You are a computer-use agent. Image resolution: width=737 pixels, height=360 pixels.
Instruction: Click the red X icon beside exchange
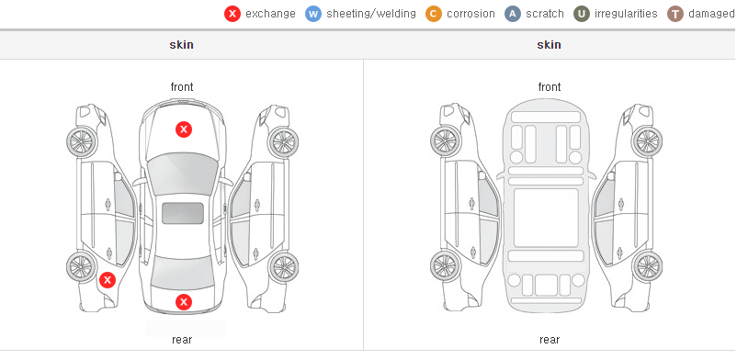coord(232,14)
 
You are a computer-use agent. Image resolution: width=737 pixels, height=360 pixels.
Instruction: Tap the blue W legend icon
coord(313,14)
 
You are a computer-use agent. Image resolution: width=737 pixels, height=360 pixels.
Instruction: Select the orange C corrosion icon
coord(434,14)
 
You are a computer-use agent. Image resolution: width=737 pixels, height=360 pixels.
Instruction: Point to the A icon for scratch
coord(513,14)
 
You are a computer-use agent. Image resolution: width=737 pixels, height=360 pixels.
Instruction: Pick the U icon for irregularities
coord(582,14)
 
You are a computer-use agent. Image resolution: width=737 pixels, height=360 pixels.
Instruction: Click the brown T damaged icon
coord(675,14)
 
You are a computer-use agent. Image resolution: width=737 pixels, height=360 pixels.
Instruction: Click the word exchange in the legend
coord(270,14)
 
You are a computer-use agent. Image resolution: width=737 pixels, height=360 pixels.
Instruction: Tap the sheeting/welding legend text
coord(371,14)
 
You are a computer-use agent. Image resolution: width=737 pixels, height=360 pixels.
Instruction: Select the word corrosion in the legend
coord(471,14)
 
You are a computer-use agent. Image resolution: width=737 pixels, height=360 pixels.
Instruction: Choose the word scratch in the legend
coord(545,14)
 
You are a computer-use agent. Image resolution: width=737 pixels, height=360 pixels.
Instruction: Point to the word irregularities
coord(626,14)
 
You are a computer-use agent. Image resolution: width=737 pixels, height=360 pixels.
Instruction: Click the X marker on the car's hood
coord(184,129)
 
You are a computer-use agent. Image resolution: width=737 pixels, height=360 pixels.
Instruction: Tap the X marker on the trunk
coord(184,302)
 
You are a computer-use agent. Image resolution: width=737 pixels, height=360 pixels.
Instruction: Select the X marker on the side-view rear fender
coord(108,281)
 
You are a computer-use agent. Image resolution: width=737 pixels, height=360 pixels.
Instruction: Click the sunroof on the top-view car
coord(183,213)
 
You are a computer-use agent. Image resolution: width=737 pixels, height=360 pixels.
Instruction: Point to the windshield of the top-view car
coord(183,173)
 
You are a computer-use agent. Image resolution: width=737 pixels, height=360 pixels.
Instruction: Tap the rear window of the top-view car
coord(183,273)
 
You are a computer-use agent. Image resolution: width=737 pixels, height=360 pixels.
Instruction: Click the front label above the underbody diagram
coord(550,87)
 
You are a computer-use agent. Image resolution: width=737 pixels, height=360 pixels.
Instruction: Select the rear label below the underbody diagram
coord(550,340)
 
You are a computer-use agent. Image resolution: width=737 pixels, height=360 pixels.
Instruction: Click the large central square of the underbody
coord(546,218)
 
